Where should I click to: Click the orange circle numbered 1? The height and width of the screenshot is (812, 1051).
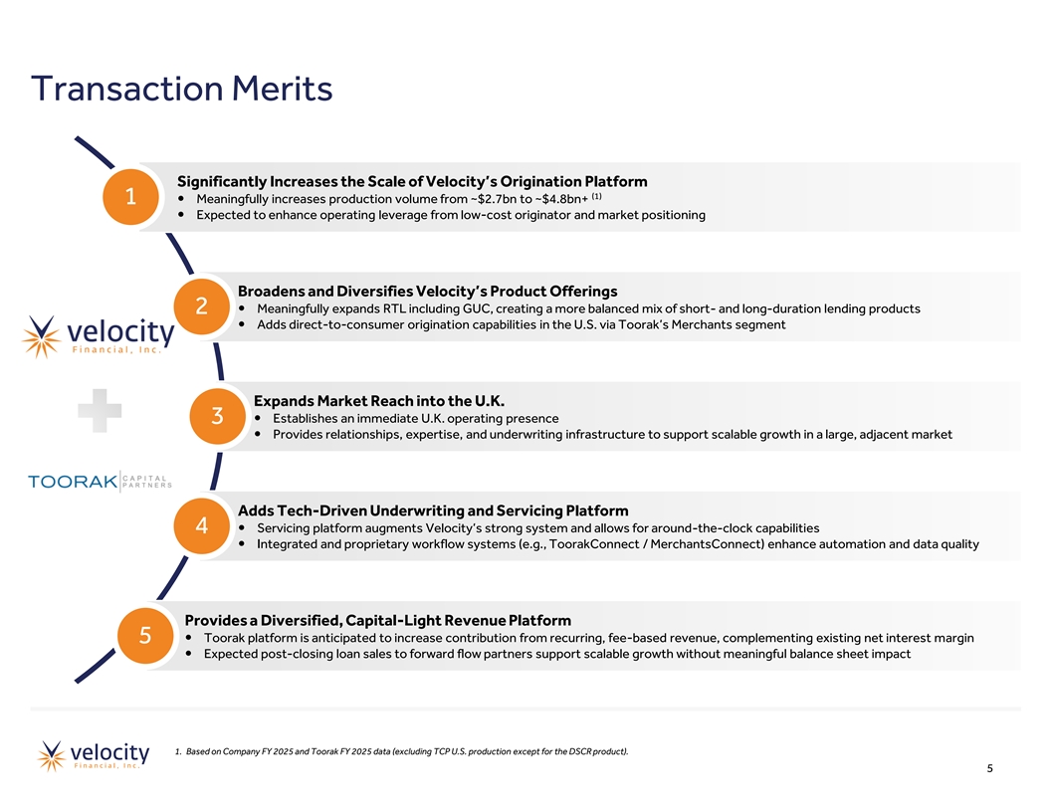coord(130,196)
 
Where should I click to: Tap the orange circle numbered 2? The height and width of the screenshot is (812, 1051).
coord(202,306)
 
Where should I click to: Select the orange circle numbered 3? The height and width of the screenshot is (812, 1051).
coord(217,416)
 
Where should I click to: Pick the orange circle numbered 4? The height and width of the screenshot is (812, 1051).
coord(202,526)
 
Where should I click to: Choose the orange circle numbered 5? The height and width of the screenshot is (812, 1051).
coord(145,635)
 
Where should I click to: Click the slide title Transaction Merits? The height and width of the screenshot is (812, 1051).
coord(182,89)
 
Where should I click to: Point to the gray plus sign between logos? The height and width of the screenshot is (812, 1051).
coord(100,410)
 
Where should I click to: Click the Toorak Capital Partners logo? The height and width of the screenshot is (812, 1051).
coord(100,481)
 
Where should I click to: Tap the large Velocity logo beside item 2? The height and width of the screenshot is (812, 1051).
coord(98,336)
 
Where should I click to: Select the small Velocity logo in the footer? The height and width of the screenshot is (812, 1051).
coord(94,755)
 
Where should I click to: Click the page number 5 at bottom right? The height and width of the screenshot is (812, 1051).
coord(990,768)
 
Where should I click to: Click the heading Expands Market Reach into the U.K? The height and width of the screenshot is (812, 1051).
coord(379,401)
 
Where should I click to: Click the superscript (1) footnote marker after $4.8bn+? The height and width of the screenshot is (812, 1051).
coord(596,196)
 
